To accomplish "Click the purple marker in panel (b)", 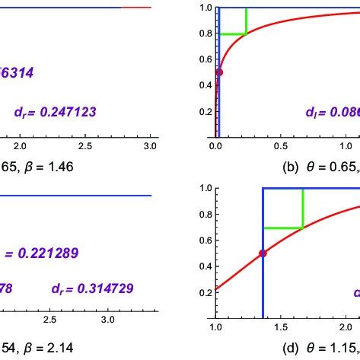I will point(219,72).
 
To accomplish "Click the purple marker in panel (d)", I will point(263,253).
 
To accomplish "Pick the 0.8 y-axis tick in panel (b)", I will point(203,33).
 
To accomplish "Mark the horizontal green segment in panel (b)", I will point(232,34).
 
